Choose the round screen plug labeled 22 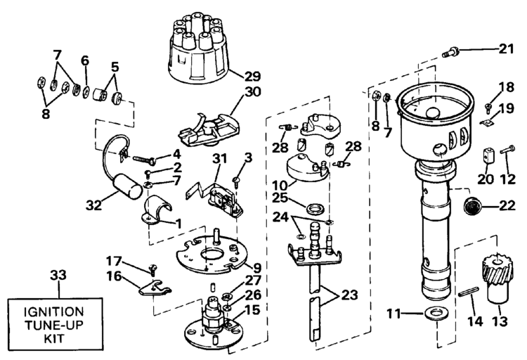[472, 205]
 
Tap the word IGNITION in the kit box [53, 311]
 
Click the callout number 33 [58, 275]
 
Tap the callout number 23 [349, 295]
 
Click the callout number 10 [280, 185]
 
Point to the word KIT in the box [54, 338]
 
